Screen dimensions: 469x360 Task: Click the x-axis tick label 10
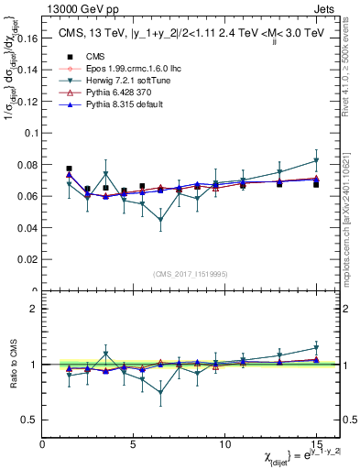click(x=225, y=445)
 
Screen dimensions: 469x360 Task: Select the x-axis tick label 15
click(x=316, y=445)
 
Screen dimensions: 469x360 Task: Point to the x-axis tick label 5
click(x=134, y=445)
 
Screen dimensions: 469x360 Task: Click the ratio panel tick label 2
click(x=33, y=309)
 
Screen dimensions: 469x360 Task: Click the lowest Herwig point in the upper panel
click(x=161, y=220)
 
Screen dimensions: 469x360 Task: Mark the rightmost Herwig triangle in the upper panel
click(x=316, y=160)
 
